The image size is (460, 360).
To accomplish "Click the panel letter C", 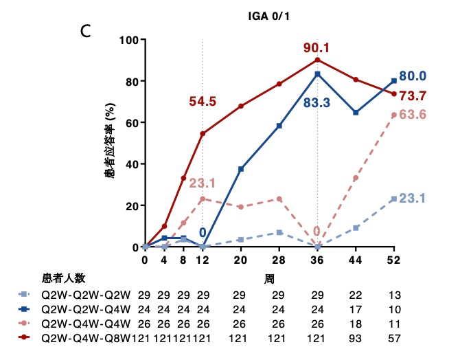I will (x=87, y=31).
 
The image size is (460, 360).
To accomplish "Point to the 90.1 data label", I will (x=317, y=47).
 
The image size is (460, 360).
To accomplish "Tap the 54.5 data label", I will (x=203, y=102).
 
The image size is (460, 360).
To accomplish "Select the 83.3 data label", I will (x=317, y=103).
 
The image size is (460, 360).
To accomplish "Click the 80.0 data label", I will (x=413, y=76).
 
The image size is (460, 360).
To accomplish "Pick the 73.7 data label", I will (x=413, y=95).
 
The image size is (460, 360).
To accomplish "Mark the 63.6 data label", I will (x=413, y=114).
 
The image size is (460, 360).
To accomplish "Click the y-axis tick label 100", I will (x=128, y=40).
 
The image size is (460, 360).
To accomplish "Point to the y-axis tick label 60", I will (x=131, y=122).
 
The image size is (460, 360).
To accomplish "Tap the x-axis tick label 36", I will (x=317, y=260).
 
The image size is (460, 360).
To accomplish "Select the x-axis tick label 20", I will (x=241, y=260).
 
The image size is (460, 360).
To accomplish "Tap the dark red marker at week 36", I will (x=317, y=60).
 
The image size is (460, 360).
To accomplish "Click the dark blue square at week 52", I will (x=393, y=81).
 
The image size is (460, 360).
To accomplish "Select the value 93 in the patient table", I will (x=356, y=339).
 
